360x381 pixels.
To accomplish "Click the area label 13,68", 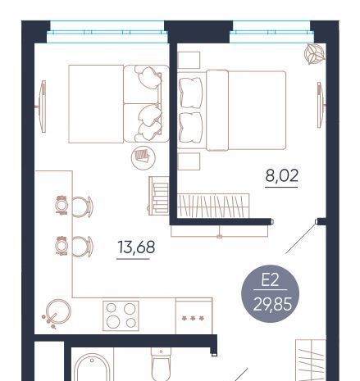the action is [136, 247].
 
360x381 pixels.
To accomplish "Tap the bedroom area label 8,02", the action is [281, 175].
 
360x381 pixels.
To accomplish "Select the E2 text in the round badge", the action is [270, 280].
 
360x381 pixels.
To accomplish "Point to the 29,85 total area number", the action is [272, 304].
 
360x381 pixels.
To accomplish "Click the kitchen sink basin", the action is [58, 311].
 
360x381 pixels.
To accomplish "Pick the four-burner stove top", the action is [121, 315].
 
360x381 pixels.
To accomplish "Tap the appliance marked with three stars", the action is [194, 316].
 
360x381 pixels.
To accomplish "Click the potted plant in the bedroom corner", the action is [315, 54].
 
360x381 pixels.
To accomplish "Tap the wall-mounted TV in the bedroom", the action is [321, 105].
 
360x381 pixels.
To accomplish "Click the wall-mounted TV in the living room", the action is [42, 107].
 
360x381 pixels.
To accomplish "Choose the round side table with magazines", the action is [144, 157].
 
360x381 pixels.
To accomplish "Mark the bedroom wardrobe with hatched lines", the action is [213, 206].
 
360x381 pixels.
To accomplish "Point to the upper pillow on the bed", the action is [190, 93].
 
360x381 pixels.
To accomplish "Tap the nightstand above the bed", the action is [189, 60].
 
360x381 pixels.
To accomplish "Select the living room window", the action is [107, 32].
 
